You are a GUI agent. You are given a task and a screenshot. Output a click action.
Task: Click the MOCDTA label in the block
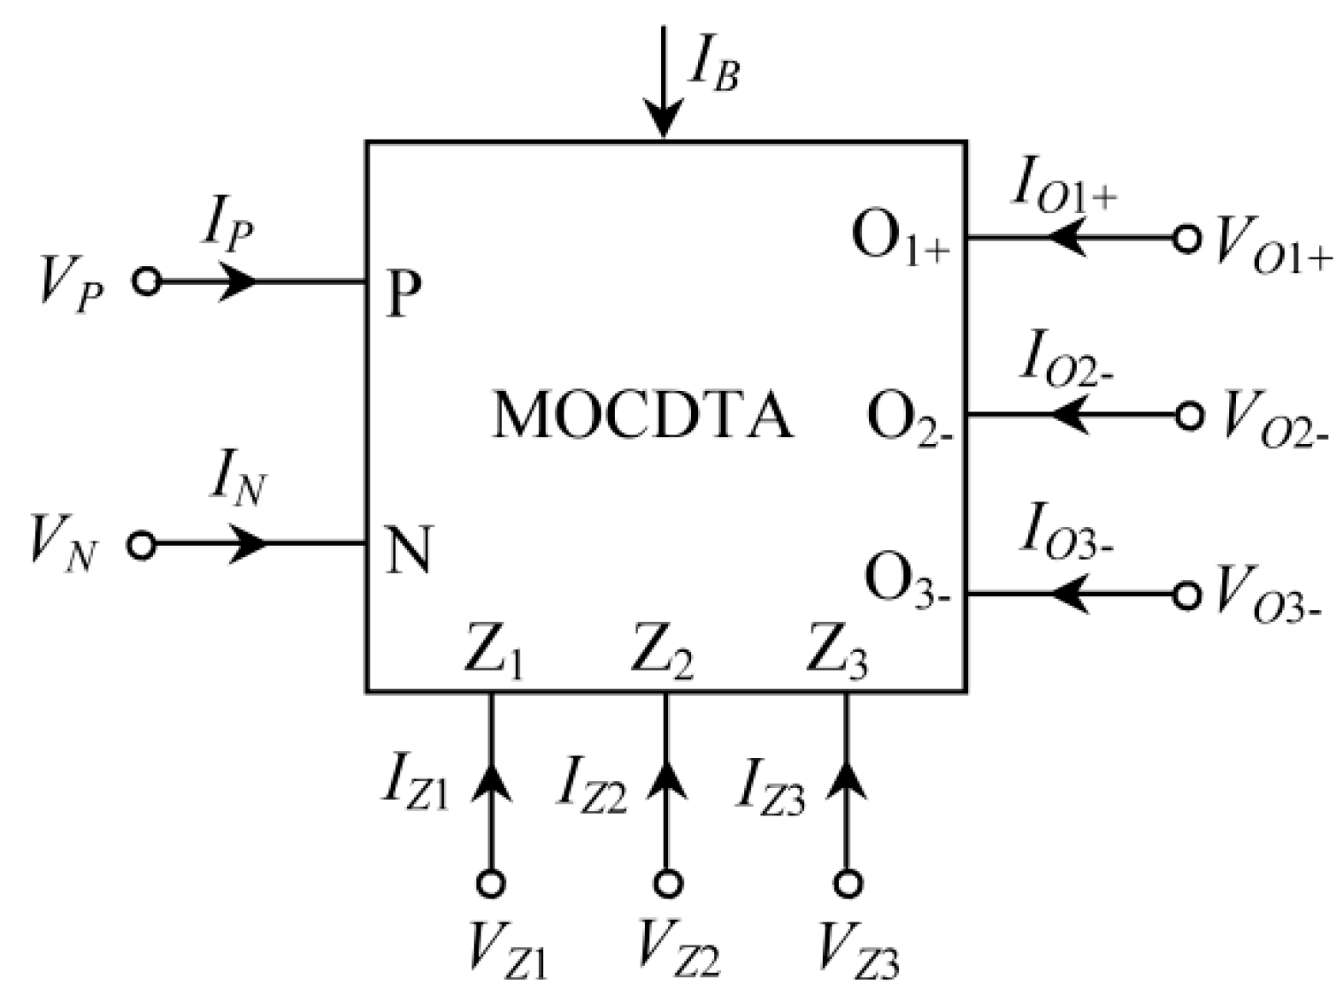click(x=643, y=415)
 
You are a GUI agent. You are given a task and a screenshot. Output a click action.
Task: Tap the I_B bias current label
click(x=712, y=66)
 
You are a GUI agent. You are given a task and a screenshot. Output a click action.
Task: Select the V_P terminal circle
click(x=147, y=281)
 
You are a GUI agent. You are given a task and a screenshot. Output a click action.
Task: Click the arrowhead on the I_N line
click(x=250, y=543)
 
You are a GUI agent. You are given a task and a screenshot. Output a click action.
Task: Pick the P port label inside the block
click(x=403, y=294)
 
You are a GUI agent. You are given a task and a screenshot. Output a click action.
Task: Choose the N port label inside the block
click(x=409, y=549)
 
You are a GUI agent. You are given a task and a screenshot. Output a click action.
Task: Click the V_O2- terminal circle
click(x=1188, y=414)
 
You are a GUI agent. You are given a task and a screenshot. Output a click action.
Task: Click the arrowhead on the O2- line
click(x=1068, y=414)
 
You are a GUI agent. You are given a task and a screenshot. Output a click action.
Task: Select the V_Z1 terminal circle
click(x=491, y=883)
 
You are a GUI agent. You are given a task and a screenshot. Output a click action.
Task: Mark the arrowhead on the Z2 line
click(x=667, y=780)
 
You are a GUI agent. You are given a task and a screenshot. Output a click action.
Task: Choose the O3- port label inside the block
click(x=906, y=581)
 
